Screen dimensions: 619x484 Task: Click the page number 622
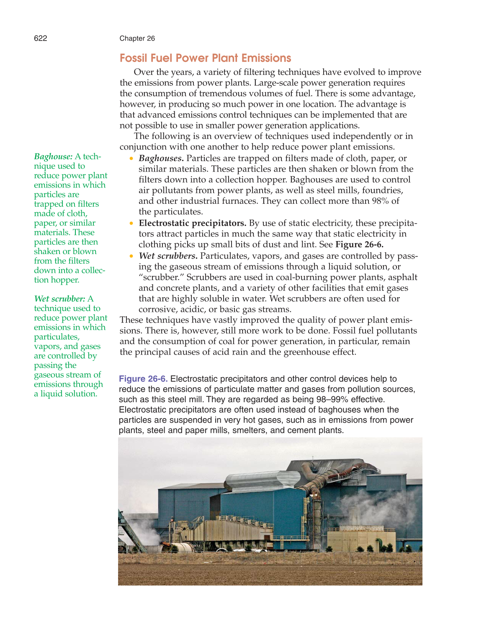click(41, 39)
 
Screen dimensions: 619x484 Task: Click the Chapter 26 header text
click(137, 39)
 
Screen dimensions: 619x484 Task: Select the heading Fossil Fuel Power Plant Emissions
click(205, 58)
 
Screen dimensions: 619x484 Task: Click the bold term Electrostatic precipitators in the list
click(192, 223)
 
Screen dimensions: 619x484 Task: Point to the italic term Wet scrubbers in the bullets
click(168, 256)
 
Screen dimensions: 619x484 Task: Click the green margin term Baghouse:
click(53, 157)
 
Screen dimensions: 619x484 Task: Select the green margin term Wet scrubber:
click(59, 299)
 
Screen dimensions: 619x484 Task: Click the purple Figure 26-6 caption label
click(143, 379)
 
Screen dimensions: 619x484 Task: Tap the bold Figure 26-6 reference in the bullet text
click(359, 244)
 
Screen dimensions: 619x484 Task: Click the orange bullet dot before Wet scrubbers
click(131, 256)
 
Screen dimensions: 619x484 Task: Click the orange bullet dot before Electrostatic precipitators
click(131, 223)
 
